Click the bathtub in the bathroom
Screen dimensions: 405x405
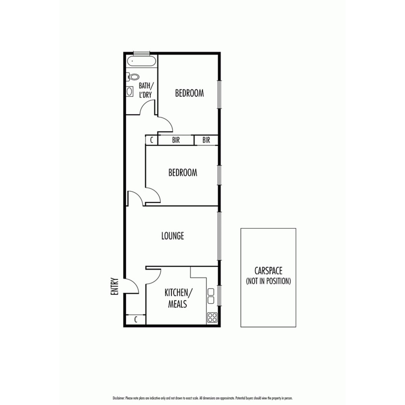click(x=141, y=61)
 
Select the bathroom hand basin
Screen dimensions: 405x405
click(x=130, y=91)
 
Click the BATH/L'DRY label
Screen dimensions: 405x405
click(x=146, y=90)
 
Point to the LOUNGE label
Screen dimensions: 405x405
click(x=172, y=236)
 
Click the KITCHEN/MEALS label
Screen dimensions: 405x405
click(x=178, y=298)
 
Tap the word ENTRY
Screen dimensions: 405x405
click(x=114, y=286)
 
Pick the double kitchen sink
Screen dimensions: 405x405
click(x=211, y=296)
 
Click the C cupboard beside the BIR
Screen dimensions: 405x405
click(x=151, y=140)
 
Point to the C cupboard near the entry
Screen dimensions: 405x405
click(x=136, y=320)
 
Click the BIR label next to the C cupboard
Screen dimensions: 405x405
click(x=176, y=140)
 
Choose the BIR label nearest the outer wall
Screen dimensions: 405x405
click(x=206, y=140)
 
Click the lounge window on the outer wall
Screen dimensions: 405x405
click(x=219, y=236)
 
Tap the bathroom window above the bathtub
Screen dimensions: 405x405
click(x=141, y=53)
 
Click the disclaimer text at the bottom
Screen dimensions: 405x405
click(x=202, y=398)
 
